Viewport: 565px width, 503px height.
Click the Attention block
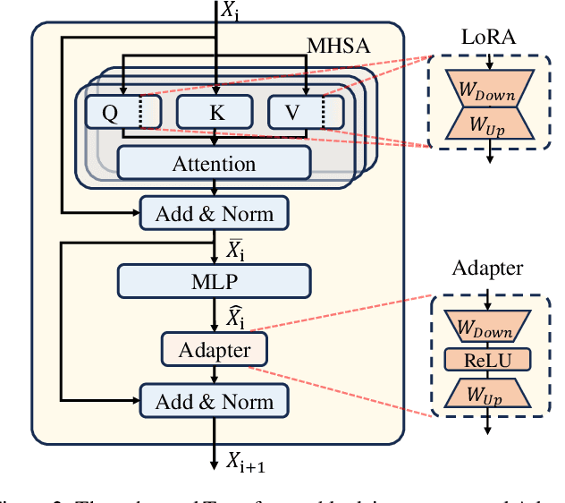(x=214, y=163)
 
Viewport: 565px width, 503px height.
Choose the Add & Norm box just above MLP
(x=214, y=213)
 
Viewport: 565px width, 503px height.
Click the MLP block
(x=214, y=282)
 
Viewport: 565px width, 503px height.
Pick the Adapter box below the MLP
(x=215, y=348)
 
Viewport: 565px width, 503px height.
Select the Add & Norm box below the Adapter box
(x=214, y=401)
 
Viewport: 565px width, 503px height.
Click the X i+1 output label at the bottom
(x=244, y=462)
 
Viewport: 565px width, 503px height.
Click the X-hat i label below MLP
(x=234, y=316)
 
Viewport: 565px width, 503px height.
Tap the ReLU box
(x=489, y=360)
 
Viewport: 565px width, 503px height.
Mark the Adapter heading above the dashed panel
(x=487, y=268)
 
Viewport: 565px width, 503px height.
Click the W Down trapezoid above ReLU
(x=489, y=328)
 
